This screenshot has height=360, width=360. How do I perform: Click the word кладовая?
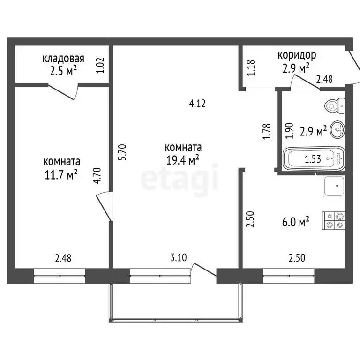tap(63, 59)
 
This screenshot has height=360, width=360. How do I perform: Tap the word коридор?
tap(297, 55)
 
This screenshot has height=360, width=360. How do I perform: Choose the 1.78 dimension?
tap(267, 131)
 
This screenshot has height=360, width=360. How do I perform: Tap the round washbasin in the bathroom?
tap(337, 129)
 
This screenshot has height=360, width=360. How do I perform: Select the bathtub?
tap(314, 159)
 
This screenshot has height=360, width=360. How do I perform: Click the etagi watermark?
tap(180, 177)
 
